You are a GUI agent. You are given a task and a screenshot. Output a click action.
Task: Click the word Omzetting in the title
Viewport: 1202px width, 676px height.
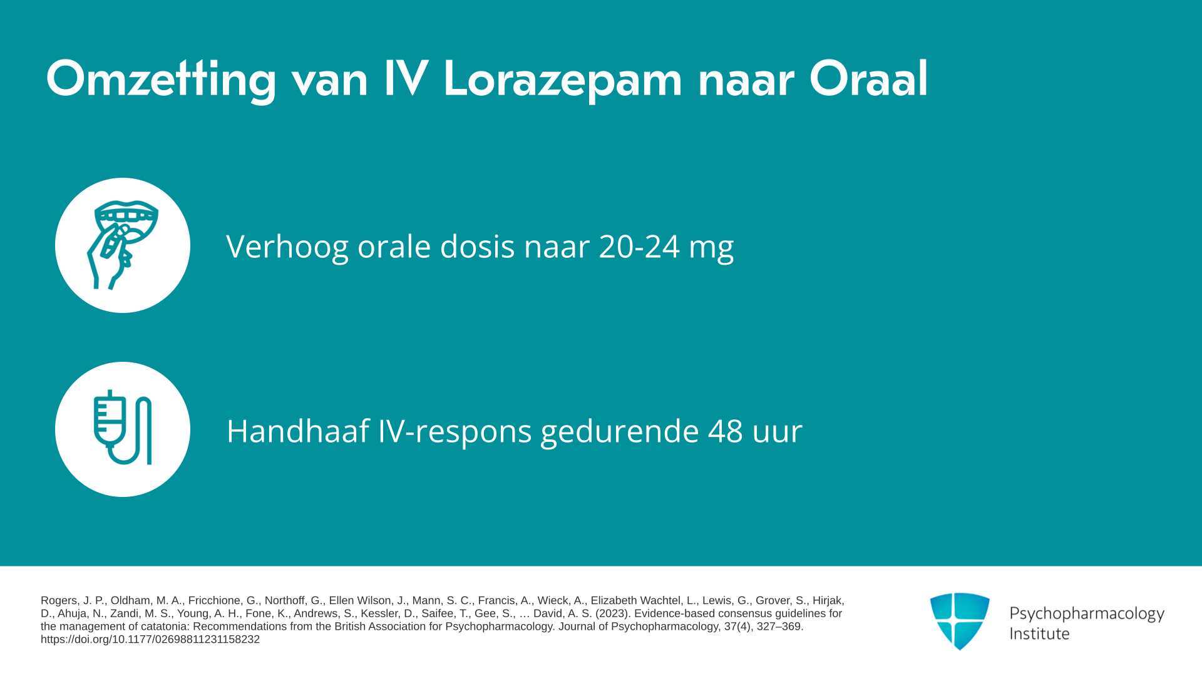pos(161,80)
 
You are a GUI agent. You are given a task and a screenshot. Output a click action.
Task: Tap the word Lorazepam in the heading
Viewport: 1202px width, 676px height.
pos(563,80)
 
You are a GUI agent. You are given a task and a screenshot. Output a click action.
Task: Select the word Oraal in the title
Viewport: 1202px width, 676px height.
pos(868,79)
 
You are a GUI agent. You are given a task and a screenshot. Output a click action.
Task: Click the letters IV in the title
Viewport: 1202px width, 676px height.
pos(406,79)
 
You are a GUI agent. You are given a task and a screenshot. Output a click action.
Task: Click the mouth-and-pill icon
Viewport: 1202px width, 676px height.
pos(122,245)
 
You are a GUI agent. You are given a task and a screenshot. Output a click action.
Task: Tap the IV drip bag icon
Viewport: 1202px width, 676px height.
pos(123,428)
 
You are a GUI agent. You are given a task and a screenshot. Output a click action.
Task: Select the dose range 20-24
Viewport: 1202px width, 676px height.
pos(639,246)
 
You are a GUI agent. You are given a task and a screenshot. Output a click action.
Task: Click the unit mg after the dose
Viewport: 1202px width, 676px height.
pos(711,250)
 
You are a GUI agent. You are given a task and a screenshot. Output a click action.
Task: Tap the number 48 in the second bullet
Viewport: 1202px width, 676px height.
pos(726,431)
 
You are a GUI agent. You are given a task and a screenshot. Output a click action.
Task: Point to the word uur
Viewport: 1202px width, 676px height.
pos(778,433)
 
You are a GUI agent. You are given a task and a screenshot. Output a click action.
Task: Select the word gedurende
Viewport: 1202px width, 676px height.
pos(620,432)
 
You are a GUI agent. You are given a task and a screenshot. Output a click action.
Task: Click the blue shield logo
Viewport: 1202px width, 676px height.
pos(960,621)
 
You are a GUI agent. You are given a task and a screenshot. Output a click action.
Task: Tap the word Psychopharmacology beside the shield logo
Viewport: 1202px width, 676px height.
pos(1087,614)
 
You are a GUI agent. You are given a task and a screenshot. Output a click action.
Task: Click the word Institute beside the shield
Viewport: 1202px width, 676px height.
pos(1039,633)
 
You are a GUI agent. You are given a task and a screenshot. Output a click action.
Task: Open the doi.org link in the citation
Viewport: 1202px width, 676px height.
pos(150,639)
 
